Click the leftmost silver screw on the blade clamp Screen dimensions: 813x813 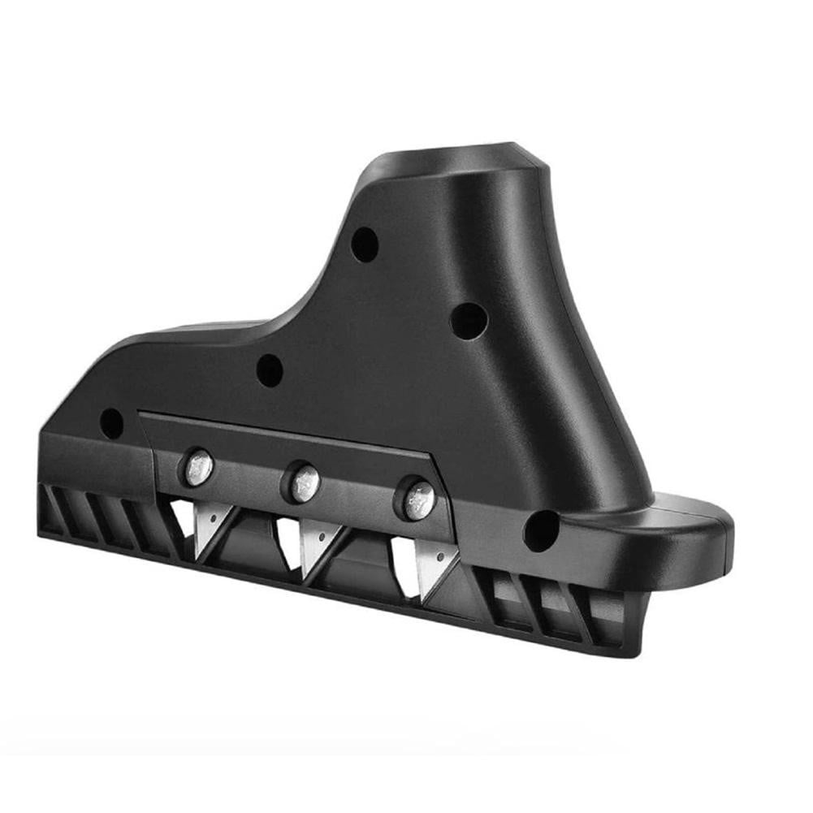coord(198,469)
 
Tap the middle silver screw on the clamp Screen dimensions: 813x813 coord(303,484)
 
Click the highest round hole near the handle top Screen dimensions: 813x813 coord(365,244)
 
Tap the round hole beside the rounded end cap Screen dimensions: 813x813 coord(541,530)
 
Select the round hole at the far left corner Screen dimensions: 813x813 coord(111,423)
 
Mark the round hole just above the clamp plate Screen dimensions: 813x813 coord(270,370)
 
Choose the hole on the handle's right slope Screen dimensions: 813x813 coord(469,321)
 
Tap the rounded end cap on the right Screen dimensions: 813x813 coord(698,532)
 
